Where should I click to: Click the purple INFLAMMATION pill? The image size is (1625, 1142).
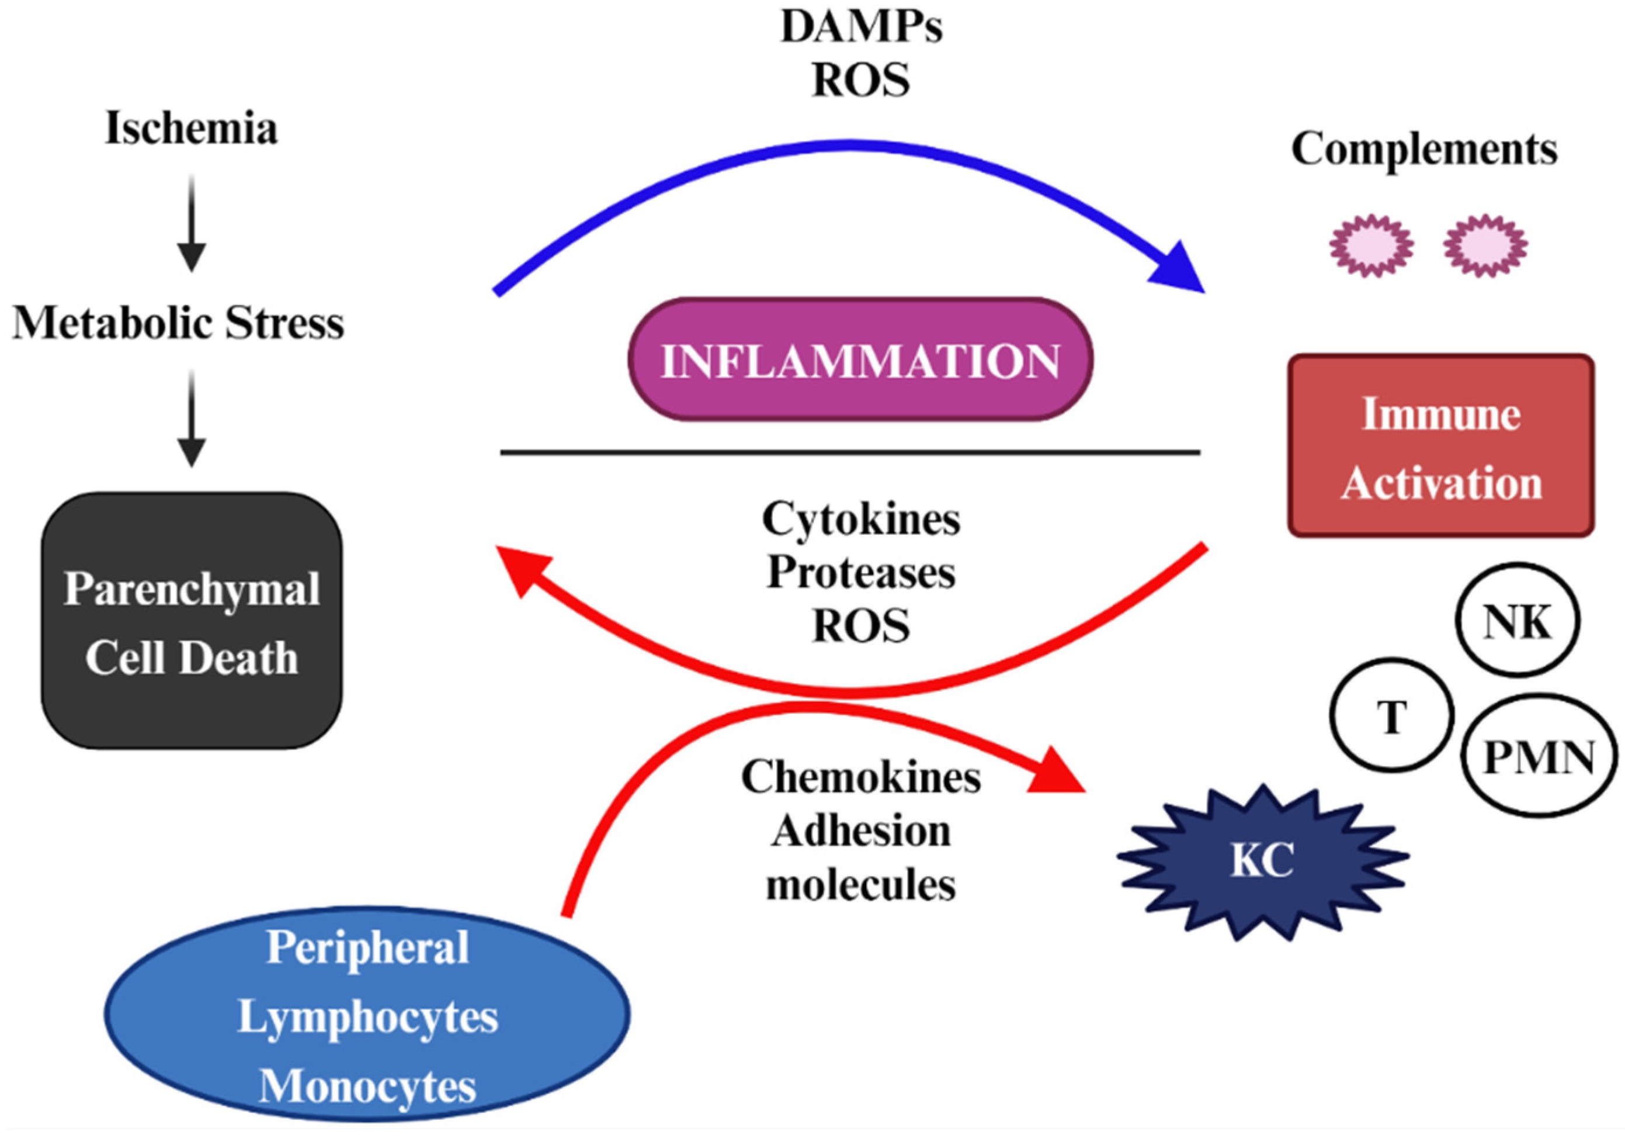860,359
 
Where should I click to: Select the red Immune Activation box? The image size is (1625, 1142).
1441,446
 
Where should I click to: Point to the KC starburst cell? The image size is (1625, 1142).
1262,861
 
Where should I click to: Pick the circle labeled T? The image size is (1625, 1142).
1391,717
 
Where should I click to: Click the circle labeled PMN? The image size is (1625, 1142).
1538,756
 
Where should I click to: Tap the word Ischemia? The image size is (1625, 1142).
191,129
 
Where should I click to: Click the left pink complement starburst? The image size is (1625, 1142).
1371,245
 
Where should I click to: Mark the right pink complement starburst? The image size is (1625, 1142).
1485,245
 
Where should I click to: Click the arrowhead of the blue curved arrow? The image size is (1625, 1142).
1178,269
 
